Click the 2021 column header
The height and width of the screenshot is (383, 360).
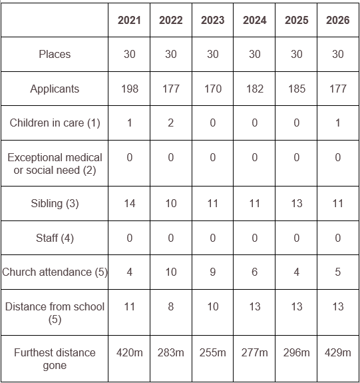(x=129, y=20)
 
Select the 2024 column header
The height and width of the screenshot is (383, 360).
(x=254, y=20)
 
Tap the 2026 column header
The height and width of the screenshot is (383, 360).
(x=338, y=20)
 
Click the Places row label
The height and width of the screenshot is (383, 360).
(x=55, y=54)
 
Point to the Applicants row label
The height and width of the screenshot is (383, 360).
(x=55, y=89)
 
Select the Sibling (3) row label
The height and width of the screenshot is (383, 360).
(x=55, y=204)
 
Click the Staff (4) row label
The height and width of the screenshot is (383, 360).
(x=55, y=238)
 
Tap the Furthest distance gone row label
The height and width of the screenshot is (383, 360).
(x=55, y=359)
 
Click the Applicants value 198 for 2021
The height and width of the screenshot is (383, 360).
(x=130, y=89)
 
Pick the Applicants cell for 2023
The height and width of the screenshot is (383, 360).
(x=213, y=89)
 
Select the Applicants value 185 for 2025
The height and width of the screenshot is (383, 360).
(x=297, y=89)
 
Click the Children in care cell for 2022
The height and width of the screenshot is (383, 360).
(x=171, y=123)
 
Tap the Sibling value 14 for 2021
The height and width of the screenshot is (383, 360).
(x=130, y=203)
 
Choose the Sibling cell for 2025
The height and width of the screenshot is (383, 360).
(x=297, y=203)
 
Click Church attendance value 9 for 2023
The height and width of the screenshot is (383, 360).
(x=213, y=272)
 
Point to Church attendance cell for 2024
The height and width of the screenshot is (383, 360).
(x=255, y=272)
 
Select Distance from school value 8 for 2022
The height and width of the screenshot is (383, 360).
(x=171, y=307)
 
